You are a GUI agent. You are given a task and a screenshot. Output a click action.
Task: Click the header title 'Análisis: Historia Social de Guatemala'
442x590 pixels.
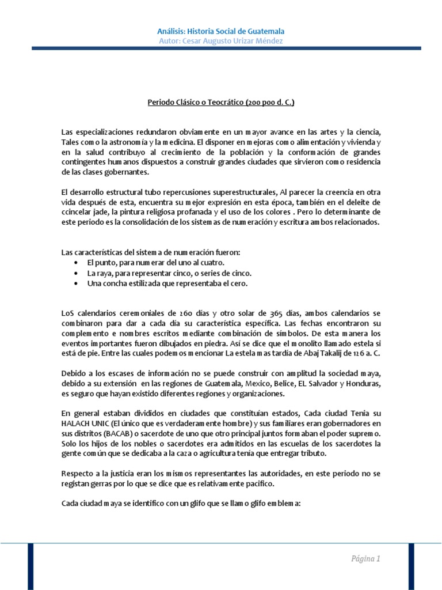pos(221,31)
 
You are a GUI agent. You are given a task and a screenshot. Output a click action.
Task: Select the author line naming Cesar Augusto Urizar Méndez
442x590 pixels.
pos(221,40)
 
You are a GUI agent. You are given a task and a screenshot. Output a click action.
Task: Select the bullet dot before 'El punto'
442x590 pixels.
pos(77,263)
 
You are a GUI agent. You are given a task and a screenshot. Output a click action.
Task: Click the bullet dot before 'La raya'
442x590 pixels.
pos(77,273)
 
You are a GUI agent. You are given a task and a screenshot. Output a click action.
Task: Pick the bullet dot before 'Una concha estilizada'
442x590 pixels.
pos(77,283)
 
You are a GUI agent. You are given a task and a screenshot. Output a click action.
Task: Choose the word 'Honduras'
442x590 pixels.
pos(363,384)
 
